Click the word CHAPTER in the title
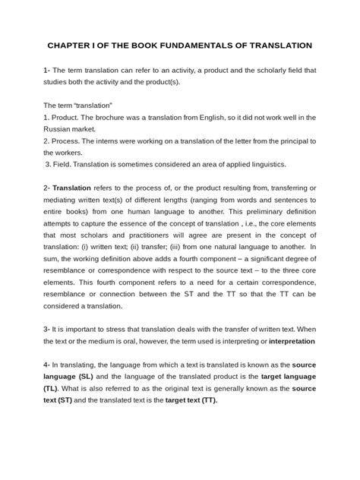pos(71,46)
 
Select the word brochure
pos(111,118)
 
